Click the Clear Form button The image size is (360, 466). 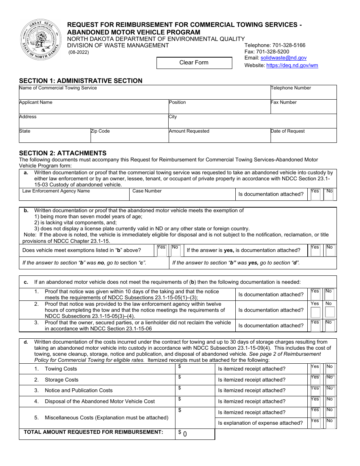[x=194, y=63]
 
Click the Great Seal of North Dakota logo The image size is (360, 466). [x=40, y=40]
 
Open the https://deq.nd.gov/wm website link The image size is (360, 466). [x=292, y=65]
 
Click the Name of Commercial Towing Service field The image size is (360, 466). [x=144, y=94]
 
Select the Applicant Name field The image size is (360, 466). [x=94, y=108]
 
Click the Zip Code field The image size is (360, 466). [x=129, y=137]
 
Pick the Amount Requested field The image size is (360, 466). [x=219, y=137]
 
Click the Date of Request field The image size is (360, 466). [x=303, y=137]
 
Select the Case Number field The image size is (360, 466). [x=182, y=196]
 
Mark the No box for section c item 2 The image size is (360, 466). [x=330, y=312]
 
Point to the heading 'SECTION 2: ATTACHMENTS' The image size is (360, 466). [x=63, y=153]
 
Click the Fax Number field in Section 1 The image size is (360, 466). [x=303, y=108]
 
